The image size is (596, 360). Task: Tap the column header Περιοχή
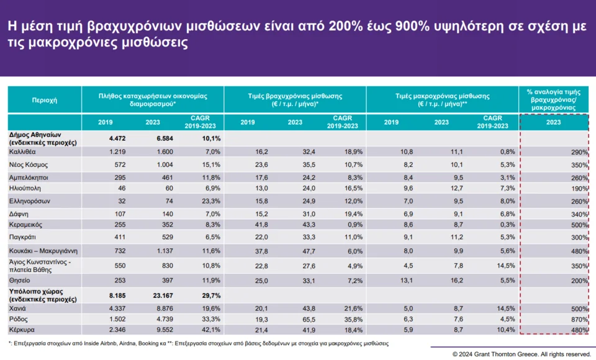click(x=44, y=99)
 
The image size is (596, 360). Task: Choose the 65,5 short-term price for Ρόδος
click(x=294, y=318)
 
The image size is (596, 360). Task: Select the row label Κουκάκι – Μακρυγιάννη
click(x=42, y=251)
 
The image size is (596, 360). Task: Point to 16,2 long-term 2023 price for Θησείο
click(x=438, y=280)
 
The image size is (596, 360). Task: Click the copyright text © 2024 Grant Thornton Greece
click(x=521, y=354)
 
